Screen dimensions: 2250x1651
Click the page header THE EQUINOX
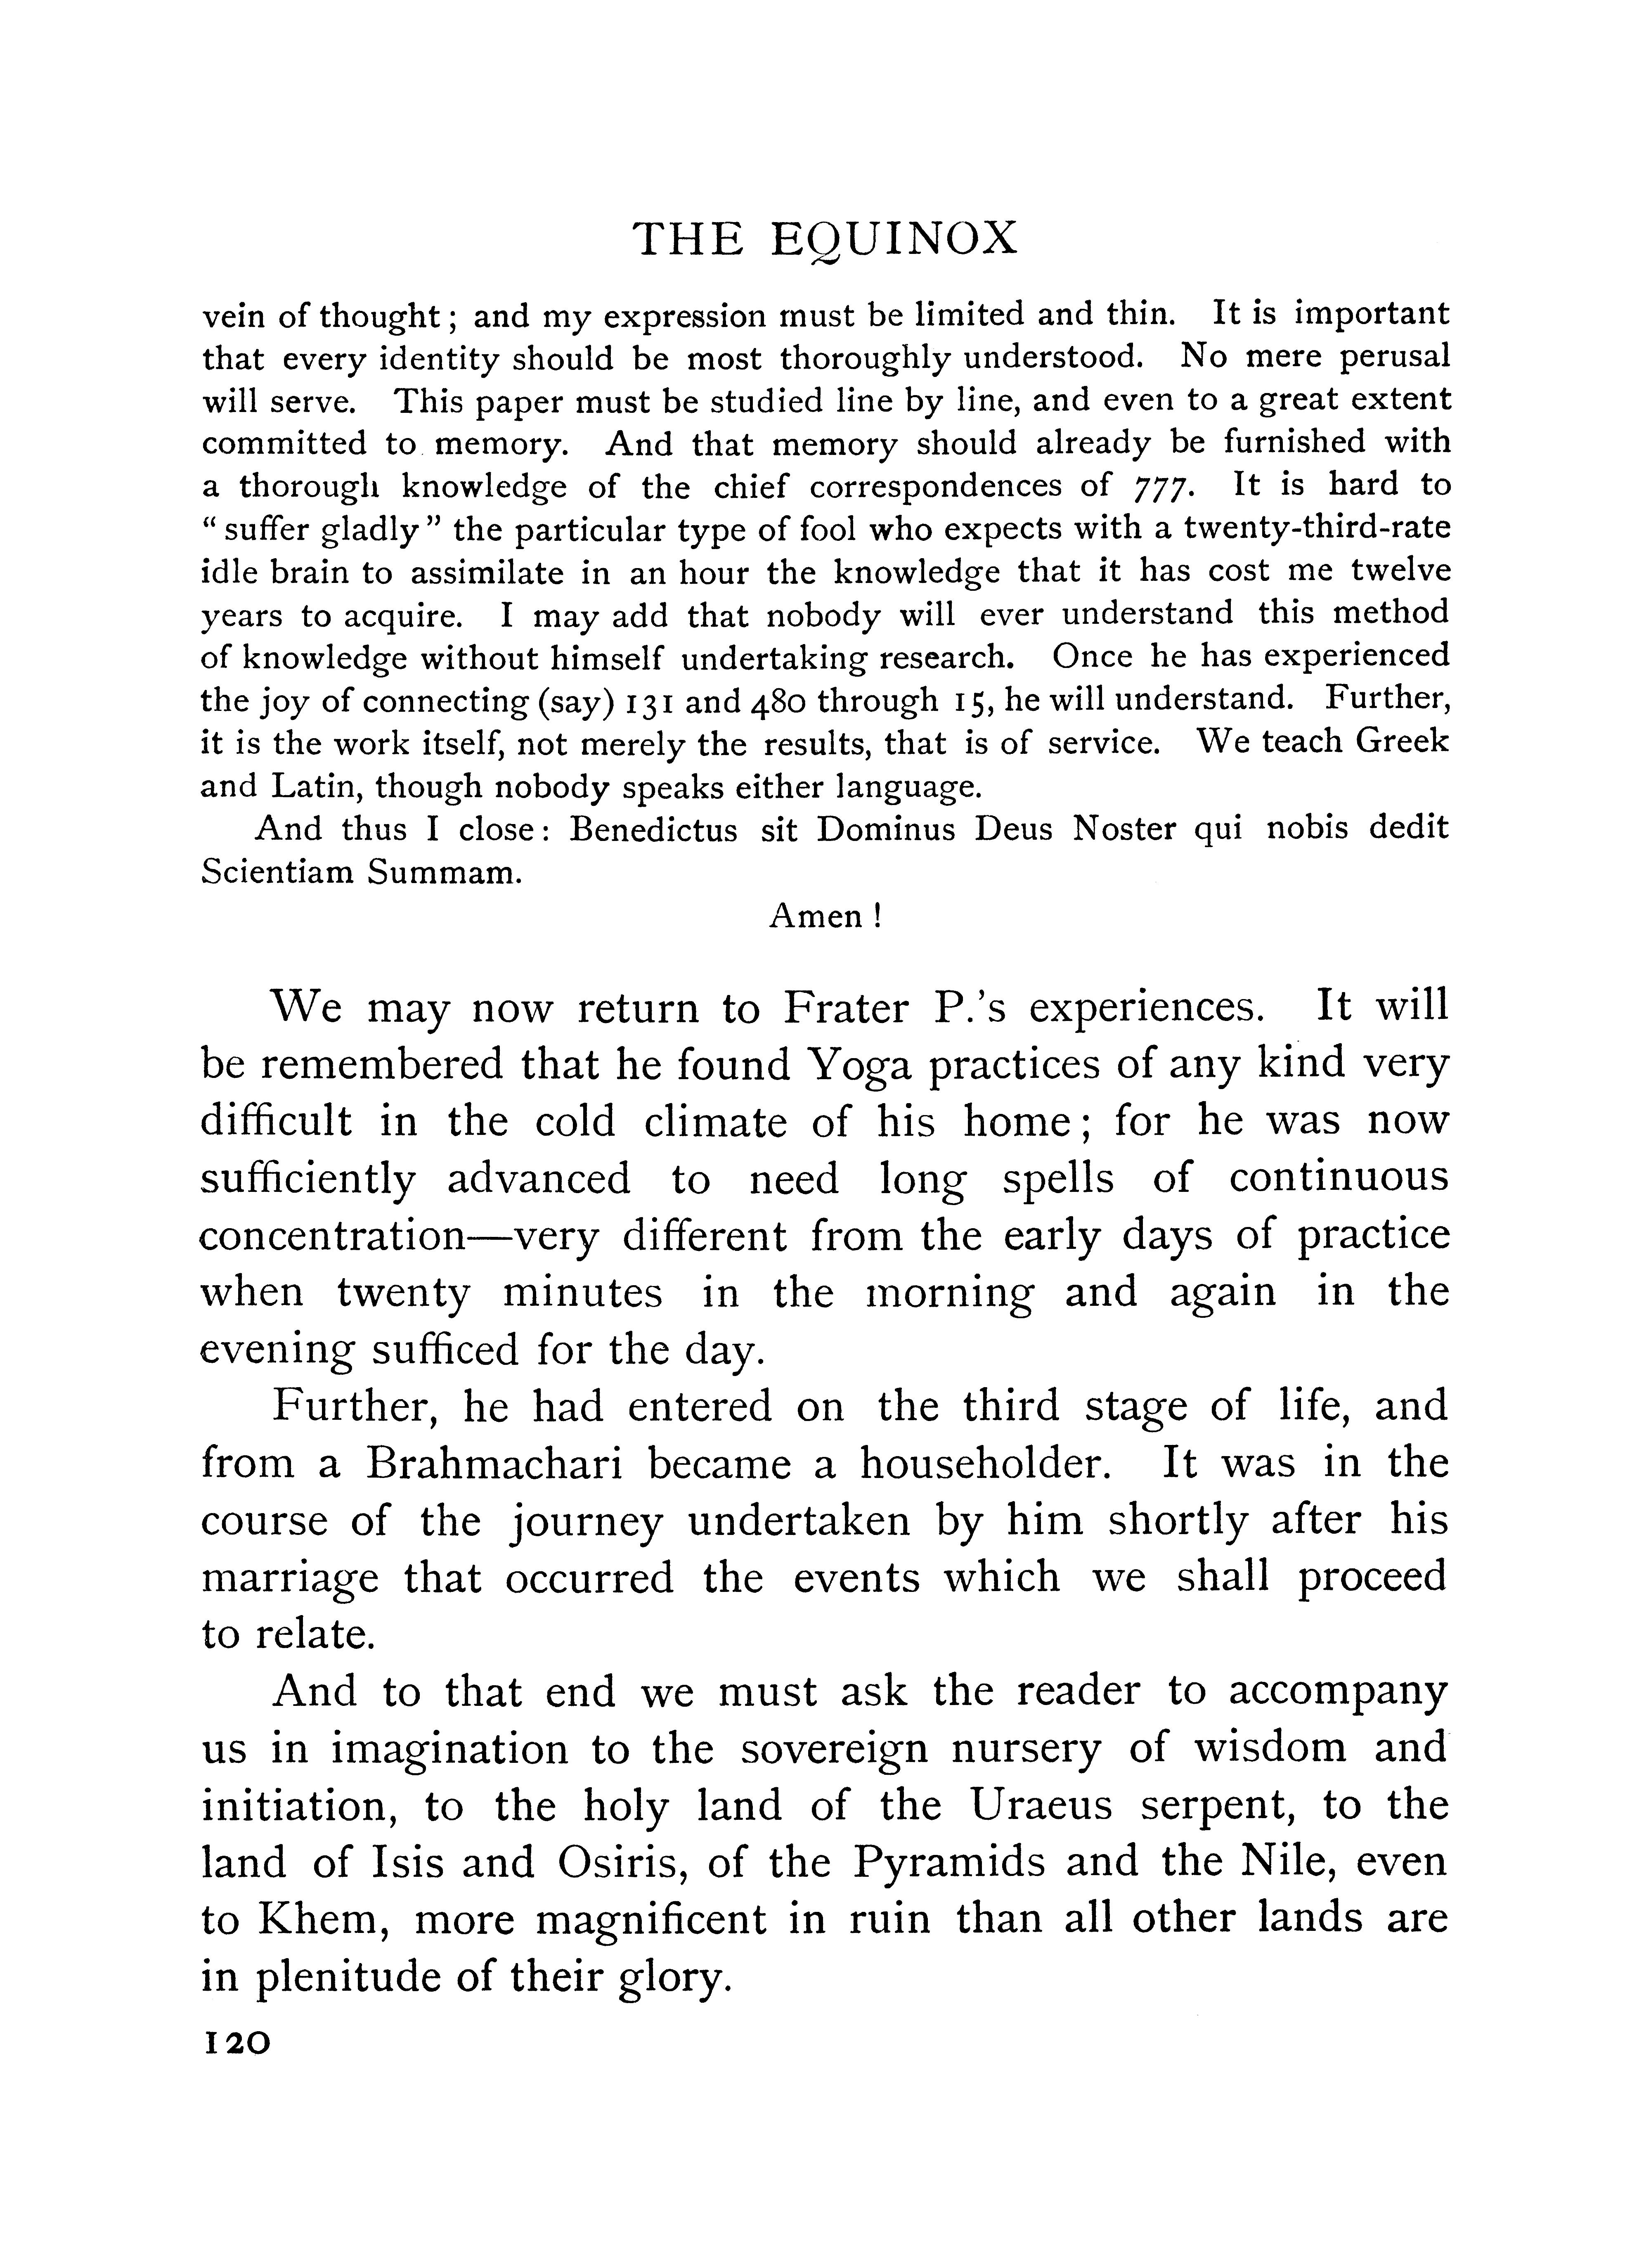tap(825, 240)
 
